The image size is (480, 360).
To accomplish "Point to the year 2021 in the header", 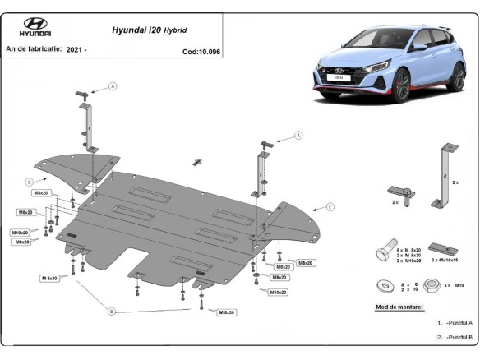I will coord(76,49).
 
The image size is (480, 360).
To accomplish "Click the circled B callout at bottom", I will coord(112,311).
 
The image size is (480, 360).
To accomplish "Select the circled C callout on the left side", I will coord(29,182).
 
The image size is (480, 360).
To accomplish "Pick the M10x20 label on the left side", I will coord(21,233).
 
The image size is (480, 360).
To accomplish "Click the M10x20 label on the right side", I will coord(279,292).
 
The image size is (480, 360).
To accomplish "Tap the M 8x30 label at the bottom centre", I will coord(226,312).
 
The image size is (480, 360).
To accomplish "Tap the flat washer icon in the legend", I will coord(383,285).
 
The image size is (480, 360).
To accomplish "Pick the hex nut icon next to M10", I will coord(431,285).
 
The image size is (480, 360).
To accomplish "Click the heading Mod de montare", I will coord(399,306).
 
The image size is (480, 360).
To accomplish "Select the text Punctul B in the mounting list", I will coord(459,336).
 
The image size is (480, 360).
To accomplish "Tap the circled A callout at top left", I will coord(113,85).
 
